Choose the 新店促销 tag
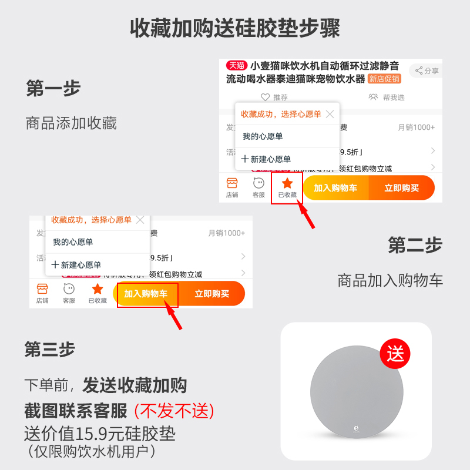point(384,79)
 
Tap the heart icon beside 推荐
point(265,97)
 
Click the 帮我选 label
point(394,97)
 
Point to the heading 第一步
point(53,89)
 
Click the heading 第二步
point(415,245)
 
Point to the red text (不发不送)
point(174,410)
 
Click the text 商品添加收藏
point(71,123)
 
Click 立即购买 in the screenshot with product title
point(401,188)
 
